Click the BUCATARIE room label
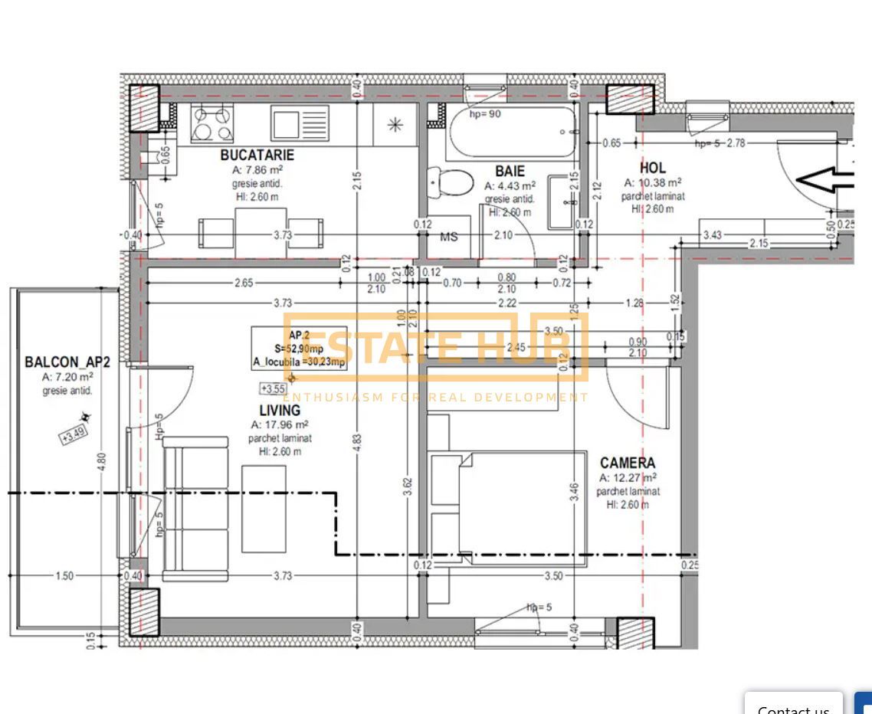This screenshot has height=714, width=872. (257, 155)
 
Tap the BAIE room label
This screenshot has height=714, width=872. (510, 172)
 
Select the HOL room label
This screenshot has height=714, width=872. (652, 168)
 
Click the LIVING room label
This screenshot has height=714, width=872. (280, 411)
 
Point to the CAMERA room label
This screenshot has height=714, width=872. (628, 463)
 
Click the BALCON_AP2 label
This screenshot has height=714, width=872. (67, 362)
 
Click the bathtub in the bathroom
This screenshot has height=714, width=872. (511, 132)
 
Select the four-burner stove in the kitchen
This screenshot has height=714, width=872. (212, 123)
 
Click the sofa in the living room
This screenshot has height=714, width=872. (195, 509)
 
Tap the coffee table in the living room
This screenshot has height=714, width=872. (264, 509)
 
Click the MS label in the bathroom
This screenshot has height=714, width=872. (449, 237)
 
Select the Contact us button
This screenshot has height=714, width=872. (793, 706)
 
